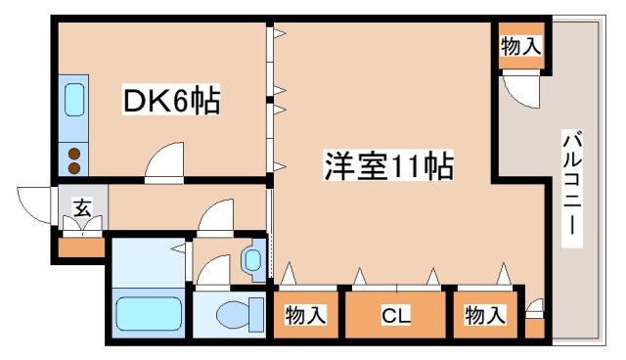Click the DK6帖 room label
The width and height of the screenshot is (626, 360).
170,100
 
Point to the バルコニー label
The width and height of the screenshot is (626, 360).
570,186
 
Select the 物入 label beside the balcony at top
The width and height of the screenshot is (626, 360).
521,45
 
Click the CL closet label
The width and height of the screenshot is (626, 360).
395,315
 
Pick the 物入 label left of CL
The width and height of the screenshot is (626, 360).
305,315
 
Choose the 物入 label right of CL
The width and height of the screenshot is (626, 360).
485,315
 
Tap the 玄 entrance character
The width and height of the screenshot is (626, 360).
81,207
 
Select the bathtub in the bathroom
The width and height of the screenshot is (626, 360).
149,315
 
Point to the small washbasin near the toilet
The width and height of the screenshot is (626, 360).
252,260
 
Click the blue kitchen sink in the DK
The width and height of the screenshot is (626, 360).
74,99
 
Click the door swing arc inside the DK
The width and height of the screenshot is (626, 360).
166,159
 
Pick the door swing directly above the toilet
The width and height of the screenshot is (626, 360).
212,275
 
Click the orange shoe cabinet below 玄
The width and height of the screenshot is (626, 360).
81,246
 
